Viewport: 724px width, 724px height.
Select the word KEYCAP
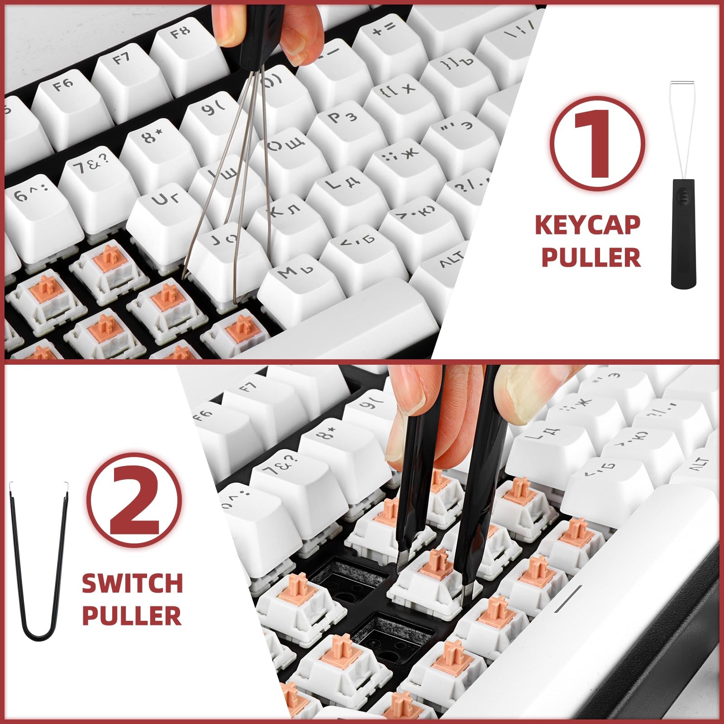(x=587, y=225)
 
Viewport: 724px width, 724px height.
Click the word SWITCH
(x=132, y=583)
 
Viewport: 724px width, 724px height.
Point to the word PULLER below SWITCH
(x=132, y=614)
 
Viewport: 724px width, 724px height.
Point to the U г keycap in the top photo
(x=167, y=213)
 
